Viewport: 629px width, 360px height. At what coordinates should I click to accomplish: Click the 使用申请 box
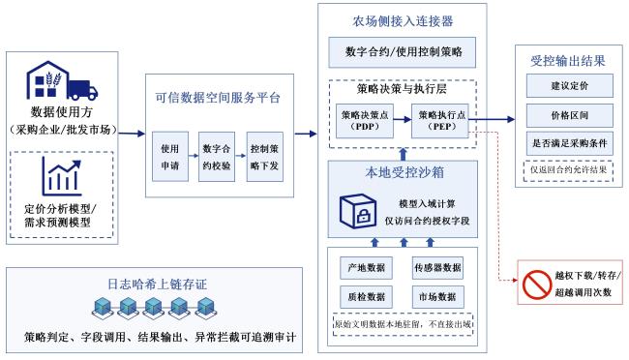170,157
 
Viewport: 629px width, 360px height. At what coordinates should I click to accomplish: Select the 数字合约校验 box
217,157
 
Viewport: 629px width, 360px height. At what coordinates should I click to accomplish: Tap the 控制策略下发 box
265,157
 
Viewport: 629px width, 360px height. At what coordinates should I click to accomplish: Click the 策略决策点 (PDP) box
364,121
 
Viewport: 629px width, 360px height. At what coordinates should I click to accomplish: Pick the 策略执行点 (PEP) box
440,121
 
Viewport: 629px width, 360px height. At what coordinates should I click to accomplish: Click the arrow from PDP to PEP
403,119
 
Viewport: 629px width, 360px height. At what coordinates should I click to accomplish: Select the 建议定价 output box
570,85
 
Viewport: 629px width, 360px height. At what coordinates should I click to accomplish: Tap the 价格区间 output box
570,115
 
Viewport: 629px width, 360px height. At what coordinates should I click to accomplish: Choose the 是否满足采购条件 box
570,143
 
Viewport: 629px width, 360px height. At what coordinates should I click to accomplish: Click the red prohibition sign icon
537,285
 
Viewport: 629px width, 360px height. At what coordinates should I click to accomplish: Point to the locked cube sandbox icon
358,211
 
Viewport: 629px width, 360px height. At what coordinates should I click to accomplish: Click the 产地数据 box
366,268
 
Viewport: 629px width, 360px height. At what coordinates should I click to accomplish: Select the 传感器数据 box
438,268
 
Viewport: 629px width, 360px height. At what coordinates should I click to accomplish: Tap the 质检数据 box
366,297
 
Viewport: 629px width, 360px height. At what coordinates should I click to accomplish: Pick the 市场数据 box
438,297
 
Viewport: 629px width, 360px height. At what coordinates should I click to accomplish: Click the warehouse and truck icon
62,80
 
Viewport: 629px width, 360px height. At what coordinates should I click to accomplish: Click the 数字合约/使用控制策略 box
402,52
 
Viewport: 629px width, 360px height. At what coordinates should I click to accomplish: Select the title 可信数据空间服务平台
218,98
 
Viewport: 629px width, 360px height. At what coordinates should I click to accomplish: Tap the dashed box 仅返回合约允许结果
568,170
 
